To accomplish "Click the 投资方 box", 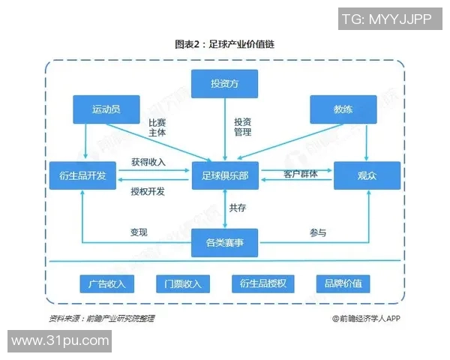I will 225,83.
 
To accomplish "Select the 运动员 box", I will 106,109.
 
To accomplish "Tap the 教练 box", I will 343,109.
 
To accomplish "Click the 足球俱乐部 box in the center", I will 225,175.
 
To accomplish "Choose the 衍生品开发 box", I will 82,175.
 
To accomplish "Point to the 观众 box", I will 367,175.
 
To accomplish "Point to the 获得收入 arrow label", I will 148,162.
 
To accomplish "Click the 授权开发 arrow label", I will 148,191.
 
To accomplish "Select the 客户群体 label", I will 300,174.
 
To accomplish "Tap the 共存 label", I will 238,208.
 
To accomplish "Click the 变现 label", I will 139,232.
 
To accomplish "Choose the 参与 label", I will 318,232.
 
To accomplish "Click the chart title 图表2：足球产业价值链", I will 225,44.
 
